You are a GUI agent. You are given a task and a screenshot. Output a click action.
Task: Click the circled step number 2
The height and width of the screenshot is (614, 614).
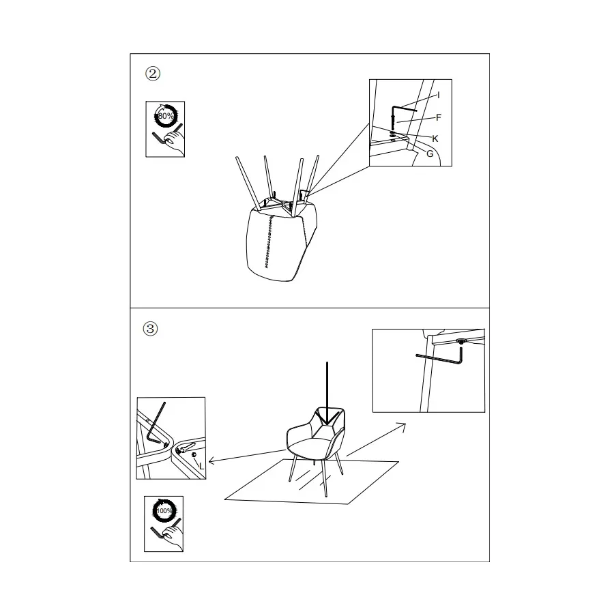(153, 73)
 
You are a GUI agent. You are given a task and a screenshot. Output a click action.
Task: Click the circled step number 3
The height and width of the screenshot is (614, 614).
(150, 329)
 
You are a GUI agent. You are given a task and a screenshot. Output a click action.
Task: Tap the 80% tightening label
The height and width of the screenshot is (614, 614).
(166, 116)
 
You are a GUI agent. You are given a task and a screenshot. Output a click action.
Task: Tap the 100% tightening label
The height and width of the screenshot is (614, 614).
(164, 510)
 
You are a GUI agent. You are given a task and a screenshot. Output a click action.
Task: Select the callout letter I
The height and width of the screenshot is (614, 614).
(439, 95)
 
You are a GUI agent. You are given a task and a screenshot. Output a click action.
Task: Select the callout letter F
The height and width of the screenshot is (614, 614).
(439, 117)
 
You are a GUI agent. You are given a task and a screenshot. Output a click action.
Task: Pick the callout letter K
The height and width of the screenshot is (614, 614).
(435, 138)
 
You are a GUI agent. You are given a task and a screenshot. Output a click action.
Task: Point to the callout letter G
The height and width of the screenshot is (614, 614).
(430, 154)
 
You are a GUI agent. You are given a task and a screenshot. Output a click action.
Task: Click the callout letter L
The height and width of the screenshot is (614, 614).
(201, 467)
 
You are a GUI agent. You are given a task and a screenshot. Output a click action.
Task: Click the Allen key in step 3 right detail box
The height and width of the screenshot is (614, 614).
(439, 359)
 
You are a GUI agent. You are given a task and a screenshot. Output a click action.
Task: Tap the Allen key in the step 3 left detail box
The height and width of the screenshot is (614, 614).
(156, 422)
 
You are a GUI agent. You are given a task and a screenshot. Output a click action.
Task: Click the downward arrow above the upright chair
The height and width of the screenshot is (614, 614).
(327, 393)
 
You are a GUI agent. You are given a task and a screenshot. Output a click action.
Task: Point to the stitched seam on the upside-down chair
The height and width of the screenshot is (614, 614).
(268, 242)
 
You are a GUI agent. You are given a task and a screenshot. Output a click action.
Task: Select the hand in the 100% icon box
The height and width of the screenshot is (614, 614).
(173, 536)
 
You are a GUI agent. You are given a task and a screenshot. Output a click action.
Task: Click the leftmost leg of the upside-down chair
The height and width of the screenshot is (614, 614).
(248, 184)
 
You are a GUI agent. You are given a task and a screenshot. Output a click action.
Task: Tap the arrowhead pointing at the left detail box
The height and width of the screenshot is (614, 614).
(212, 460)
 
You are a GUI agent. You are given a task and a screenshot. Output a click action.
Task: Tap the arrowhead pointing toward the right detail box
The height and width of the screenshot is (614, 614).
(402, 425)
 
